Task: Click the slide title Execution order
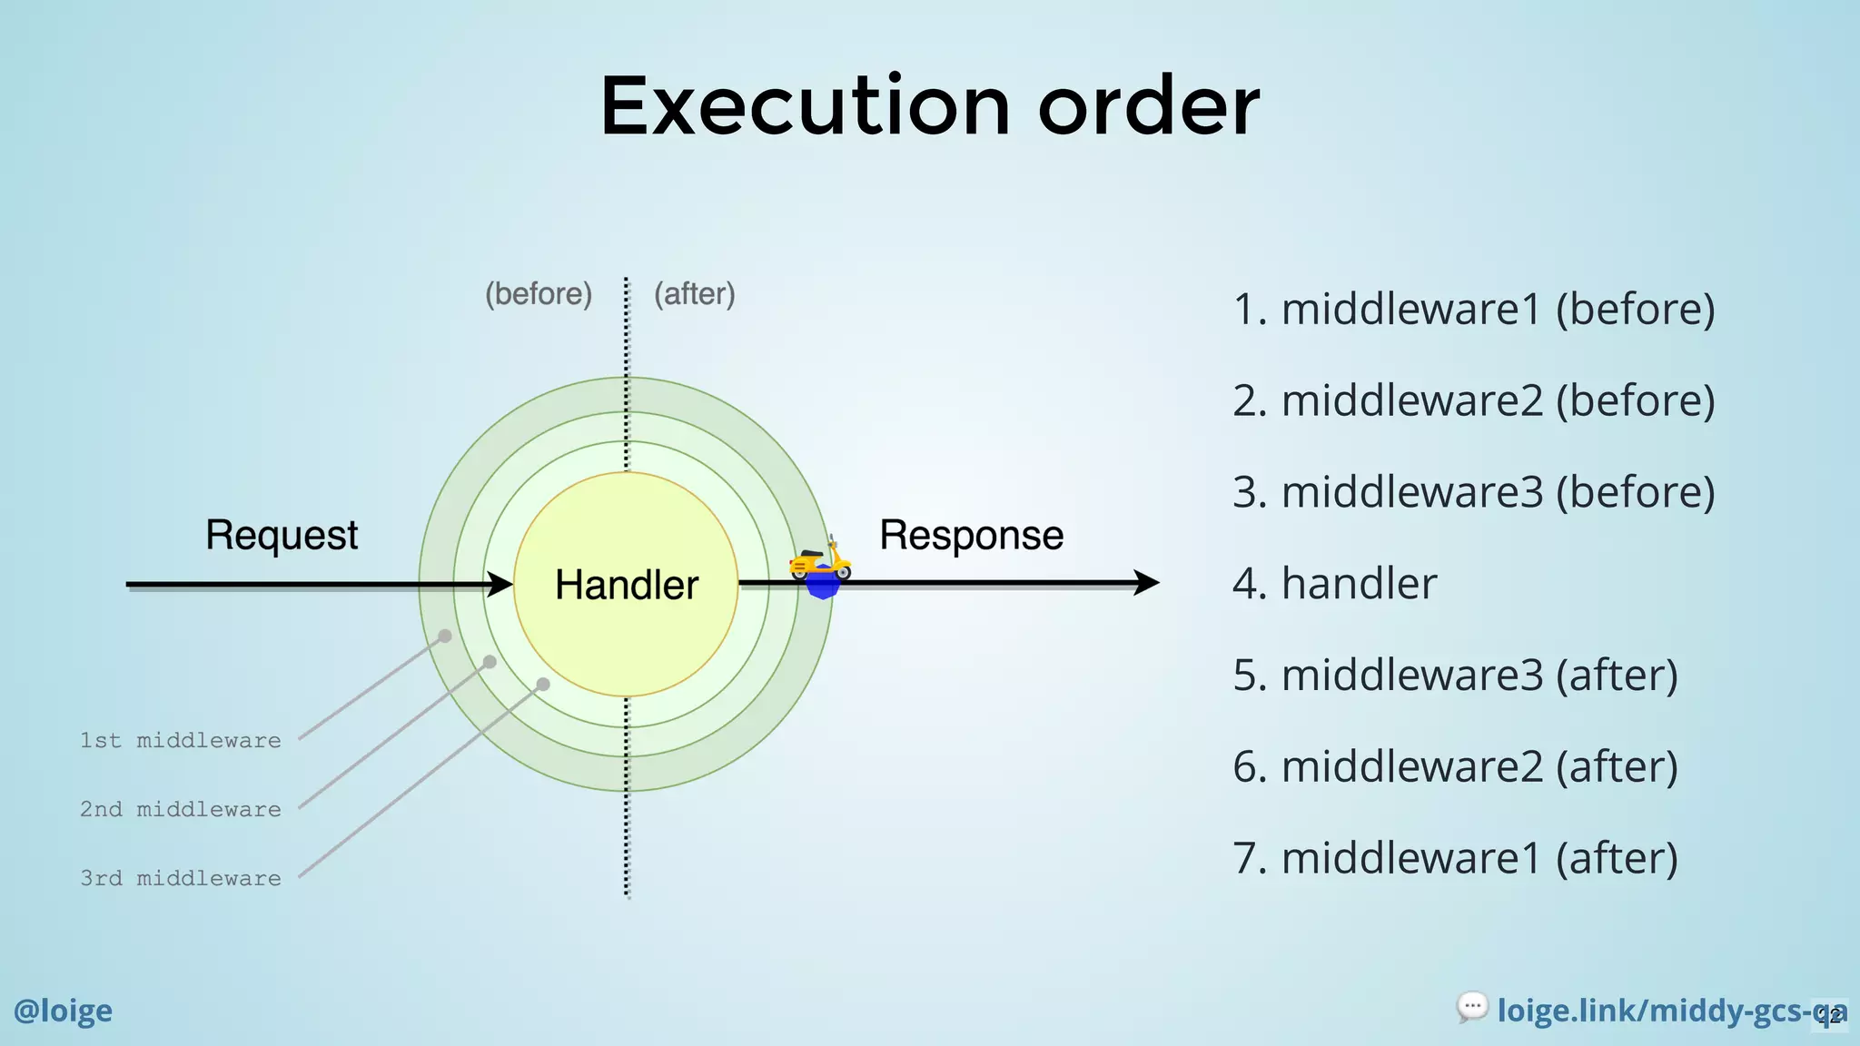[x=929, y=106]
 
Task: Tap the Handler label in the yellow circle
[x=627, y=585]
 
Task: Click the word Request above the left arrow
[x=282, y=535]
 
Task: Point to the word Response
[x=971, y=535]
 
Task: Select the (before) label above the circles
[x=539, y=294]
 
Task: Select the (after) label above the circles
[x=695, y=294]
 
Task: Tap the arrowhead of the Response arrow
[x=1146, y=583]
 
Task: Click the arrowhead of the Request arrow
[x=500, y=584]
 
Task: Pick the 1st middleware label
[x=181, y=741]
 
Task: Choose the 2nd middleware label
[x=181, y=810]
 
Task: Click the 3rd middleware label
[x=181, y=879]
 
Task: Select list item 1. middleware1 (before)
[x=1473, y=309]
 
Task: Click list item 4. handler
[x=1334, y=583]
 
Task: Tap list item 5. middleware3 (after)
[x=1455, y=675]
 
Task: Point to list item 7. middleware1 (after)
[x=1455, y=858]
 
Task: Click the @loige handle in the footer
[x=63, y=1011]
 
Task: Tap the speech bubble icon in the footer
[x=1472, y=1006]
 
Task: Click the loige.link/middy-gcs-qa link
[x=1662, y=1011]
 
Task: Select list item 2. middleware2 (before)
[x=1473, y=400]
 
